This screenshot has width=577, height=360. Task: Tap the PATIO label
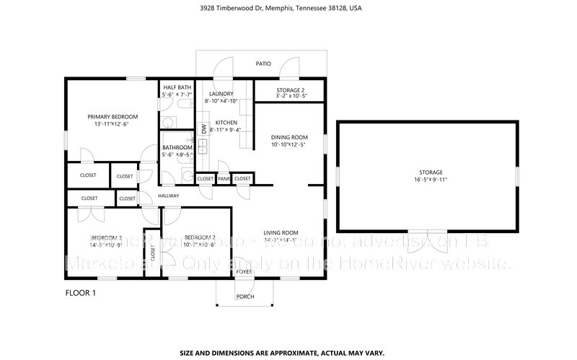263,64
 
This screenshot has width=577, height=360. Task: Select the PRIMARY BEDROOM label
113,116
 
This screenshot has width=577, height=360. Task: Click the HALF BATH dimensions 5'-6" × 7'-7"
177,94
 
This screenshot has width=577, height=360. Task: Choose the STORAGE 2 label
291,89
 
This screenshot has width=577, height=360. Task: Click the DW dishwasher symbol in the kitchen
204,128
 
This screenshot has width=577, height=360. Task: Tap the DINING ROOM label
289,137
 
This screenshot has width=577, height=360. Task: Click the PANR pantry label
224,178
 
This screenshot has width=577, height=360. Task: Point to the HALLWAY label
168,196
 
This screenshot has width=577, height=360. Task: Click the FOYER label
245,271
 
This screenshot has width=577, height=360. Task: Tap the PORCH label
245,297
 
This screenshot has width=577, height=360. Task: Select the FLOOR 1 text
80,293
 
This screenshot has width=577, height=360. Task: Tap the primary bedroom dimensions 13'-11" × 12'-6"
113,124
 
